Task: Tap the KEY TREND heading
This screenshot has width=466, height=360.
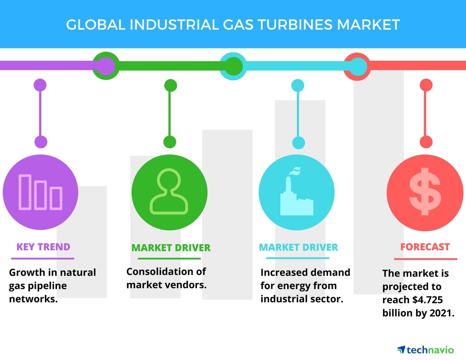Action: tap(43, 247)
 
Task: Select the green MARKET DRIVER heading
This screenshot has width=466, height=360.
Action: tap(171, 248)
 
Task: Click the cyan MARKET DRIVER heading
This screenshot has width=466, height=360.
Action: tap(298, 247)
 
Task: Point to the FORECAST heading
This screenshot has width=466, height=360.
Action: tap(425, 247)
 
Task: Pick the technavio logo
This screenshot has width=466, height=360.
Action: tap(425, 350)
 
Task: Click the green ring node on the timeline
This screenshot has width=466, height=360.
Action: tap(106, 66)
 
